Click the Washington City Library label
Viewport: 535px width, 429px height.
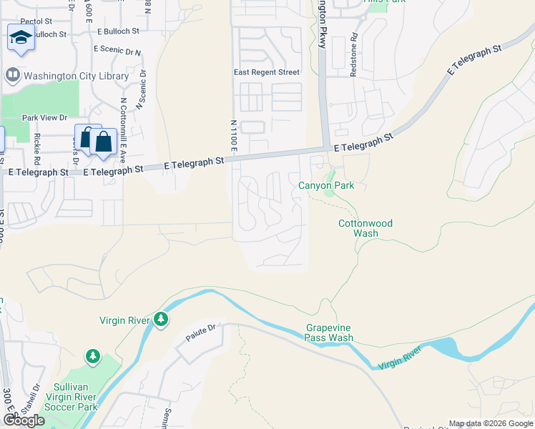77,75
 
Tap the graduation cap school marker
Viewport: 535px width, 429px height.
21,37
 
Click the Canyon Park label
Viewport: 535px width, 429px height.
326,186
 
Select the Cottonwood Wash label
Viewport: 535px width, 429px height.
365,228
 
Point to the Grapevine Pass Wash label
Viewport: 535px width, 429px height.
330,332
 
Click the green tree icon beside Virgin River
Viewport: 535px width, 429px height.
162,320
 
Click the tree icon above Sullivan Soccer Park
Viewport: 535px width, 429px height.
92,355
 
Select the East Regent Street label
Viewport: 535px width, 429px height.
267,72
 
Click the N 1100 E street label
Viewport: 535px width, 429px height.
233,134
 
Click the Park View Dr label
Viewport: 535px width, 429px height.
44,117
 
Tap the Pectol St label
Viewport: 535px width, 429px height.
37,23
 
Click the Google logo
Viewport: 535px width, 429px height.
24,420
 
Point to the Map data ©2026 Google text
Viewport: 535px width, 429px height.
491,423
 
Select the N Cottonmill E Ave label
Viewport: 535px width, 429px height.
123,129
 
